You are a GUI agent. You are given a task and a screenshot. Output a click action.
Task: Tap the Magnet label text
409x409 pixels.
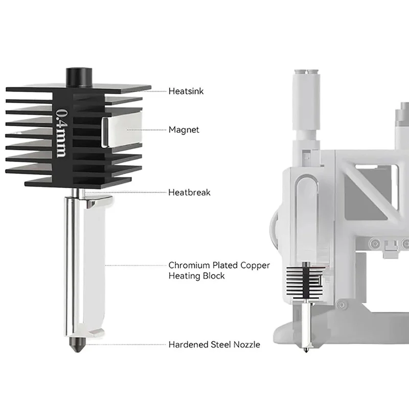tap(184, 130)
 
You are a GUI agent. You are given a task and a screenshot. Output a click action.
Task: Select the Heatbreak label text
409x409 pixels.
tap(189, 193)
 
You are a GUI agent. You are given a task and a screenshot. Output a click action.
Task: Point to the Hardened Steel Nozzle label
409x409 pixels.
tap(214, 345)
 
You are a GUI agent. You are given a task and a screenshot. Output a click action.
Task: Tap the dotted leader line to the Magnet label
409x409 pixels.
tap(148, 130)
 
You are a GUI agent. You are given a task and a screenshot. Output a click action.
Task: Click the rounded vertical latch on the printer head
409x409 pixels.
tap(305, 215)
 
